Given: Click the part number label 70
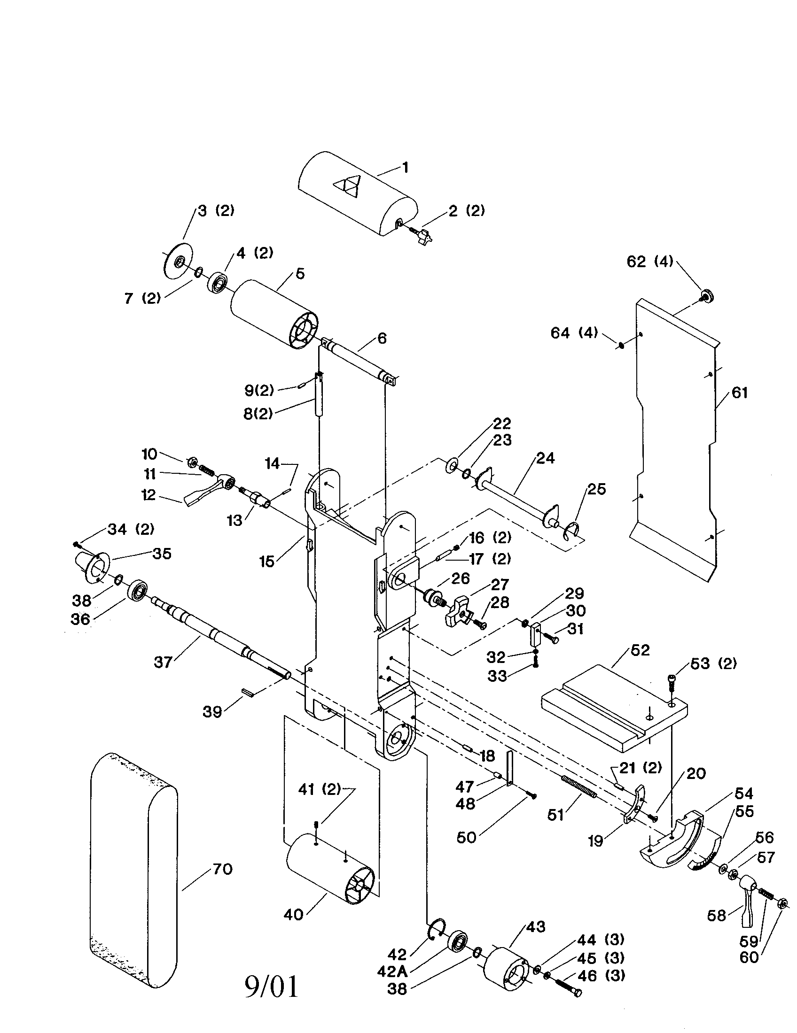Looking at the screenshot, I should coord(222,869).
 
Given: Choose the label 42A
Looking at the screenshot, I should coord(392,971).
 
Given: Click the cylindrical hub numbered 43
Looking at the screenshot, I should coord(506,967).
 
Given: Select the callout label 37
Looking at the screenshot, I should coord(163,662).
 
